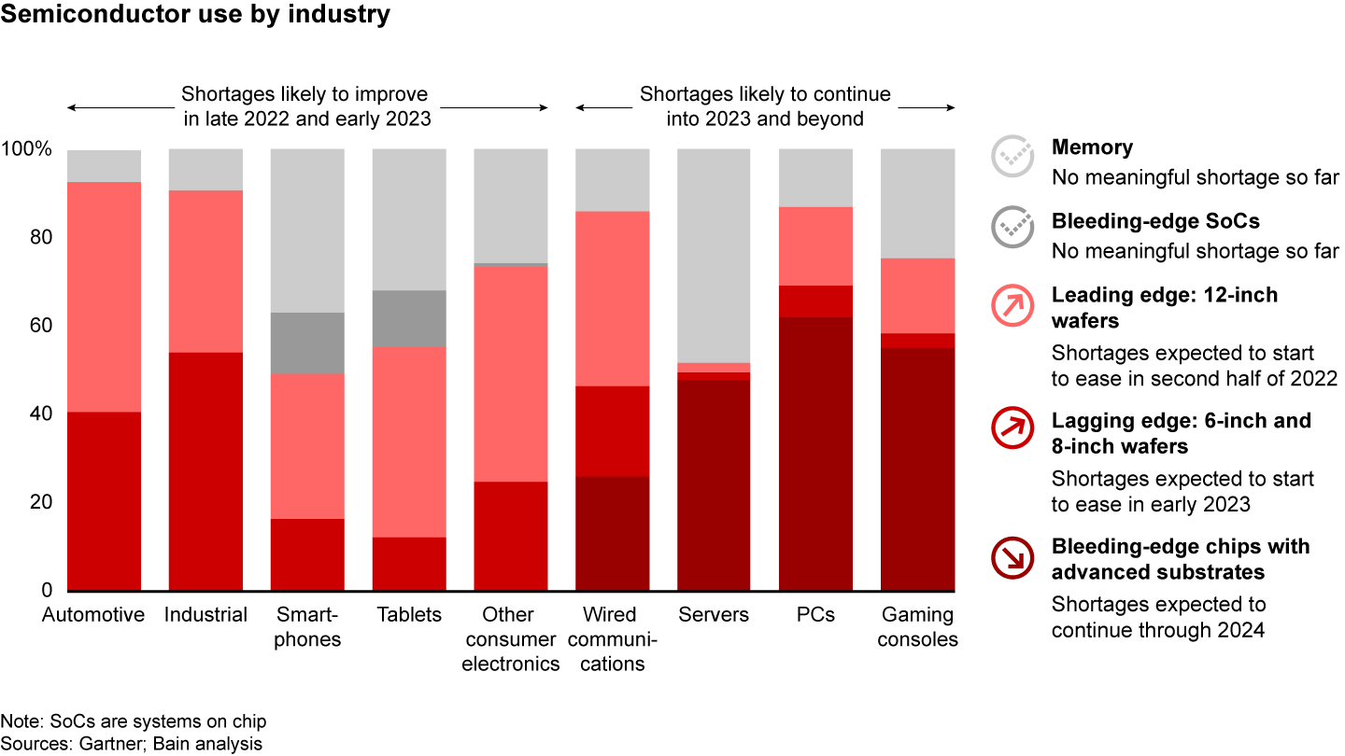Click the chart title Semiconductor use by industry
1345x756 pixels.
[196, 16]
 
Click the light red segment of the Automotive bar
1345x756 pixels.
[104, 296]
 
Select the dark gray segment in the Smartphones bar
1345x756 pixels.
[307, 343]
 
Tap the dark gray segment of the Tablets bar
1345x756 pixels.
[409, 318]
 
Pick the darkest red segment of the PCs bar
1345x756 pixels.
[815, 454]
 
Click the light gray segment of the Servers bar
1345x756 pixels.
[714, 255]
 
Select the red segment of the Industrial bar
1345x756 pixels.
[205, 471]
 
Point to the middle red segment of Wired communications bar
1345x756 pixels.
[612, 431]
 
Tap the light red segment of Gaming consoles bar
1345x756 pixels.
[917, 295]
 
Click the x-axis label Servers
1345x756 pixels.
[714, 615]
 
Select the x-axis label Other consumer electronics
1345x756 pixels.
[510, 639]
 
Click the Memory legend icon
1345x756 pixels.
[1012, 157]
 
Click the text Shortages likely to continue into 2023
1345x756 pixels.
[765, 106]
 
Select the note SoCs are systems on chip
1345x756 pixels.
[134, 721]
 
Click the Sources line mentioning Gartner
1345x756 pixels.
[131, 744]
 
